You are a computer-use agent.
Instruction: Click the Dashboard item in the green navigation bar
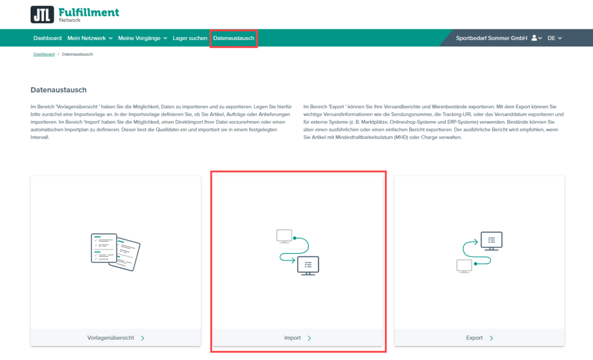pos(47,38)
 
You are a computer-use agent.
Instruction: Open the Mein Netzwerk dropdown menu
pos(90,38)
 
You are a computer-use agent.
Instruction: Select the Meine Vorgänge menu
pos(142,38)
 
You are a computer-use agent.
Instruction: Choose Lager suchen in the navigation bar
pos(190,38)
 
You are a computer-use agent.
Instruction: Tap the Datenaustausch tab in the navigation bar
pos(233,38)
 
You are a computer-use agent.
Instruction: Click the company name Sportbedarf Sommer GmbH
pos(492,38)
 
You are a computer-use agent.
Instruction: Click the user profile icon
pos(535,38)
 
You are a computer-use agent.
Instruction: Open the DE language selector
pos(554,38)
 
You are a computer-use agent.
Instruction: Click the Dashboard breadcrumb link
pos(43,54)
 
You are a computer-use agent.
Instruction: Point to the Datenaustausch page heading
pos(58,90)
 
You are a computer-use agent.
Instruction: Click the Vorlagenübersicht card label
pos(111,338)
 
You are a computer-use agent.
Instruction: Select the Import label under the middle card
pos(292,338)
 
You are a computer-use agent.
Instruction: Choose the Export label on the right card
pos(474,338)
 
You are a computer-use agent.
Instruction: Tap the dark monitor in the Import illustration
pos(307,266)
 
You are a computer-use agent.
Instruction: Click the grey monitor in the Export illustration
pos(464,266)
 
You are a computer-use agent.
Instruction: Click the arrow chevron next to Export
pos(491,338)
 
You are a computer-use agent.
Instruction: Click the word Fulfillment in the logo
pos(89,12)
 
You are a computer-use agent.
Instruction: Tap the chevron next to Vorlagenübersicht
pos(142,338)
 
